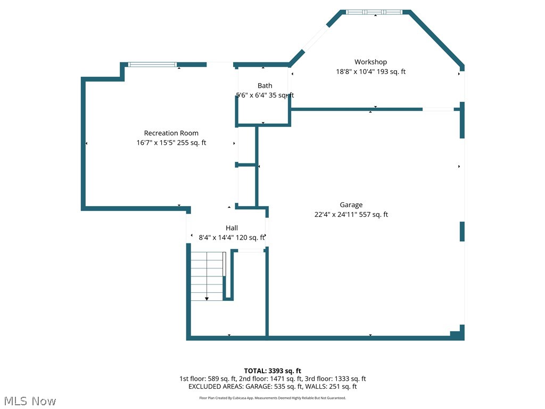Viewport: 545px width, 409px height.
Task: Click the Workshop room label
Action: tap(370, 62)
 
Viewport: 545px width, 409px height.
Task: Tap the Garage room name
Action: tap(351, 205)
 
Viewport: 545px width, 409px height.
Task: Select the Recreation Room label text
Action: tap(171, 133)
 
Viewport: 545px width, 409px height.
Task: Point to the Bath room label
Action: tap(265, 86)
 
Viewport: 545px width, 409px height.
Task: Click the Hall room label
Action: tap(232, 228)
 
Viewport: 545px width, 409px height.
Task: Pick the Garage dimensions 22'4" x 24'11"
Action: tap(351, 215)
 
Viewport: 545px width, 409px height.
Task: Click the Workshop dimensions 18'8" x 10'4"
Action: tap(370, 72)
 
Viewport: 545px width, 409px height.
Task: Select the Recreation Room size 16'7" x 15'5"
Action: tap(171, 143)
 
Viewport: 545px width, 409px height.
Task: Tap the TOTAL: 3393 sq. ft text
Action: tap(272, 371)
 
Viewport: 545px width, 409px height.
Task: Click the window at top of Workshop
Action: tap(375, 12)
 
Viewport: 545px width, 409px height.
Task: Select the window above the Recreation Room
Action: tap(152, 64)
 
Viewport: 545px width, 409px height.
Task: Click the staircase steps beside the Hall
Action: tap(207, 274)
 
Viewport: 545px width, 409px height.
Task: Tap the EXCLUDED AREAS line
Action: tap(272, 387)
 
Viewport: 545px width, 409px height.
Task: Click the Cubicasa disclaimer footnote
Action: tap(272, 398)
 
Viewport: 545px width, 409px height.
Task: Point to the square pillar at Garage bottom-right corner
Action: tap(456, 335)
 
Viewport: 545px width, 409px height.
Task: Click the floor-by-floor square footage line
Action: tap(272, 379)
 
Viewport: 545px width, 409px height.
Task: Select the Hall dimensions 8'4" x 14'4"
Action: tap(232, 238)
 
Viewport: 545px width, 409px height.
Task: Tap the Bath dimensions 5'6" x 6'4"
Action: tap(265, 95)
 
